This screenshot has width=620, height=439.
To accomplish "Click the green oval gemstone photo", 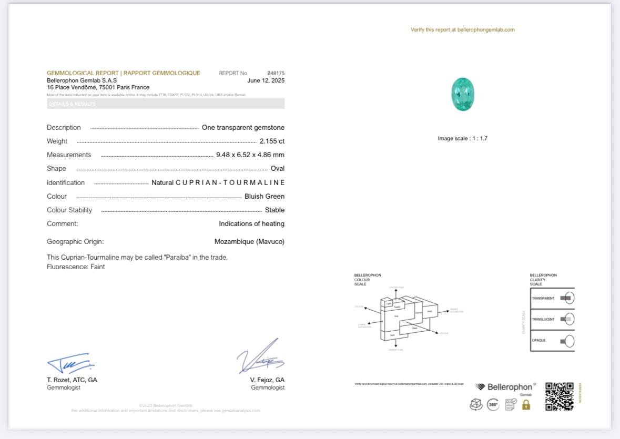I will [463, 94].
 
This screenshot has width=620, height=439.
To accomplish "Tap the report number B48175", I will [276, 73].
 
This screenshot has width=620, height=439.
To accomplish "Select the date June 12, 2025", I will [266, 80].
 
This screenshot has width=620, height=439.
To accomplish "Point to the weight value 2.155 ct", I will [272, 141].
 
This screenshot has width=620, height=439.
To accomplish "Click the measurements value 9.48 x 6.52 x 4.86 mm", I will [250, 155].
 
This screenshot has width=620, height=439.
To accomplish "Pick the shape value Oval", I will [277, 168].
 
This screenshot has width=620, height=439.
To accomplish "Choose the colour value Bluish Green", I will [265, 196].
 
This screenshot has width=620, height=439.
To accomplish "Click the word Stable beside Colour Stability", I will [275, 210].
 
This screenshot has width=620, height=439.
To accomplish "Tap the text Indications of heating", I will [251, 223].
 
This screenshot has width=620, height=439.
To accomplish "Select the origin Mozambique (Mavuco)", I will [249, 241].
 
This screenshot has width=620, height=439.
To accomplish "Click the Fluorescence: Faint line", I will [76, 267].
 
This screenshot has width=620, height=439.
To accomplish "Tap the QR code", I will [559, 396].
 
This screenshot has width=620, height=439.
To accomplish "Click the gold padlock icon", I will [526, 404].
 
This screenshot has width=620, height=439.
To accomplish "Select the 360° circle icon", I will [493, 404].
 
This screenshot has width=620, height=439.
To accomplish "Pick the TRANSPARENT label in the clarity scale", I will [543, 298].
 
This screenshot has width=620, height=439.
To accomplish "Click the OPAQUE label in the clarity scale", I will [538, 340].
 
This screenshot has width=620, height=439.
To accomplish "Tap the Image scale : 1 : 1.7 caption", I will [462, 138].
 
